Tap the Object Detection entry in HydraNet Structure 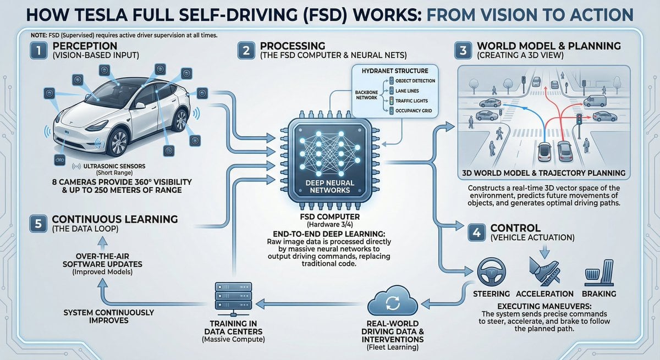(x=414, y=80)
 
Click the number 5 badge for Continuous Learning (x=36, y=224)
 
